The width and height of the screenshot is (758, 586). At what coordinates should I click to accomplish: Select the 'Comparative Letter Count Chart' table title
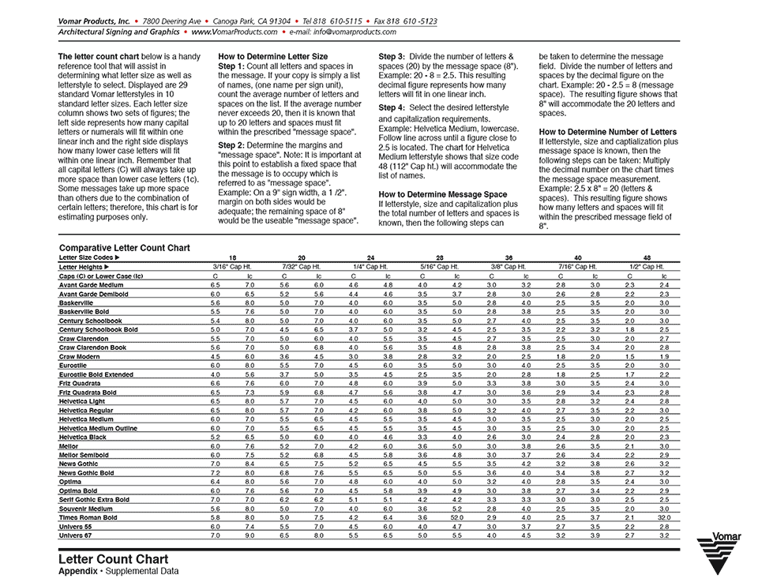click(125, 248)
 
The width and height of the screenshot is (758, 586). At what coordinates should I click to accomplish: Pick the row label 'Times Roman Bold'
click(88, 517)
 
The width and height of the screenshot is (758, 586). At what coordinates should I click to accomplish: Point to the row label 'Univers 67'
click(76, 535)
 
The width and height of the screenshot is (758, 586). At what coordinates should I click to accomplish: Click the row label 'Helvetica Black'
click(83, 437)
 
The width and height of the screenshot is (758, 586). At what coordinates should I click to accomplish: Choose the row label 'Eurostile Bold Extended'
click(96, 374)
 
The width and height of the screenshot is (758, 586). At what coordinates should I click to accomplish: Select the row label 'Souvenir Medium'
click(85, 509)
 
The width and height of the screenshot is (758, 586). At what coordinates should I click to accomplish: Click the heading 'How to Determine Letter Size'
click(272, 57)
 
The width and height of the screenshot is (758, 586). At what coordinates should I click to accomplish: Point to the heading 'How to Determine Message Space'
click(443, 193)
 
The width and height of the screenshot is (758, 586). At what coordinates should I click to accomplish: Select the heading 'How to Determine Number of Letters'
click(608, 131)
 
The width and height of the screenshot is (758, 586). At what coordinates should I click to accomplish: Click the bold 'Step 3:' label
click(392, 57)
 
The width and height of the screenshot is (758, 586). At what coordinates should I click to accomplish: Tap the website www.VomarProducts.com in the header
click(235, 32)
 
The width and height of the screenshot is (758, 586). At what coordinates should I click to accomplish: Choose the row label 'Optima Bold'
click(77, 490)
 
